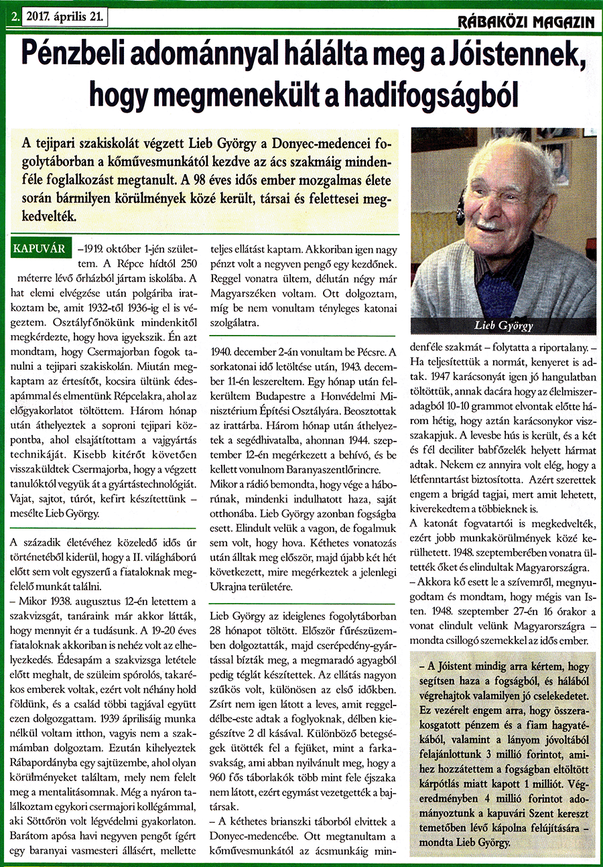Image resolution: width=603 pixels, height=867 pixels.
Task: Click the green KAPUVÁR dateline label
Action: [x=40, y=249]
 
